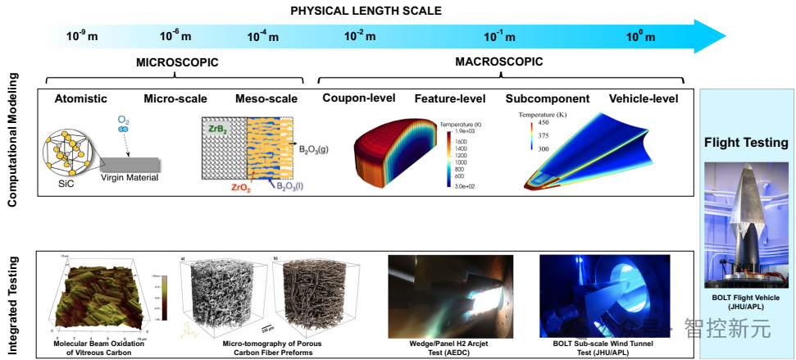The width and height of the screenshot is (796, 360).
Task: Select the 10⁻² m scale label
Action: [360, 36]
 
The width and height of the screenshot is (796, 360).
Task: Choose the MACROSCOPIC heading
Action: [499, 62]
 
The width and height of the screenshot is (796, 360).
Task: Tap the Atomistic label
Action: [80, 99]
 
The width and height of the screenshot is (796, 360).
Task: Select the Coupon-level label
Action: [359, 98]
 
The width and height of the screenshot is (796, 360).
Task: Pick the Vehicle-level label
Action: [644, 99]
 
